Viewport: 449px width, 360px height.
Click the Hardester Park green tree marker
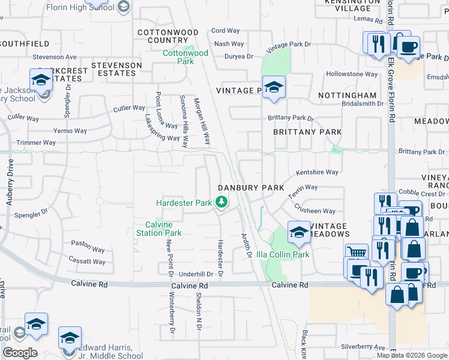click(x=222, y=202)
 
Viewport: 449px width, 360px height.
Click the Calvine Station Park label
click(x=158, y=229)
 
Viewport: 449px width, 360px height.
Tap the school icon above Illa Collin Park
click(x=298, y=231)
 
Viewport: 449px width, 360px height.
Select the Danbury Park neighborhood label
click(x=251, y=188)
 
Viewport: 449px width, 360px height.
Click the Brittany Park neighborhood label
click(x=307, y=132)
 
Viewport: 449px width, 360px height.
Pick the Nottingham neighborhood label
click(x=347, y=95)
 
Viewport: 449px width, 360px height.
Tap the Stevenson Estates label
click(x=116, y=69)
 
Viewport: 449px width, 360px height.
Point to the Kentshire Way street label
click(x=318, y=172)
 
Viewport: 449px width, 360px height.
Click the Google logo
click(x=20, y=352)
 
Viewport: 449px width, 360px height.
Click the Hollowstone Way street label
click(x=352, y=74)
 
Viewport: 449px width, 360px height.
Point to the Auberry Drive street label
click(x=10, y=187)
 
